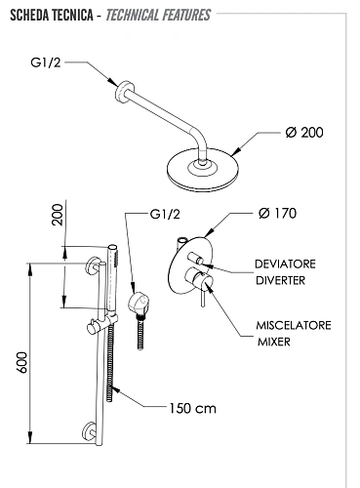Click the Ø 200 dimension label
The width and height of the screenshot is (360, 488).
coord(304,133)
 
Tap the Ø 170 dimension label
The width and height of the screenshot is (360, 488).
coord(277,214)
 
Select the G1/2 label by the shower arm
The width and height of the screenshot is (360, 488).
coord(46,62)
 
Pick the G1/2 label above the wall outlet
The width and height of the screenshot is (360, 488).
coord(165,214)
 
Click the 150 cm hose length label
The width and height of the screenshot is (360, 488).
coord(192,408)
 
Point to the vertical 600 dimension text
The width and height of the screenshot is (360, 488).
coord(22,362)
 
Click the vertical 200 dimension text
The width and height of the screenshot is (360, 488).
coord(58,215)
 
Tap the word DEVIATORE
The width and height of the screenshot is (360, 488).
coord(285,264)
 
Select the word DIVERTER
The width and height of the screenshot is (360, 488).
coord(280,280)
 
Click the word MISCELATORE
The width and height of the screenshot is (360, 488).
coord(294,325)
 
